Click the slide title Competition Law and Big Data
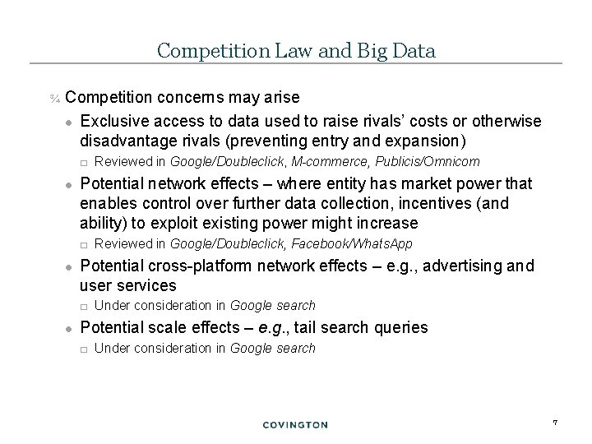[296, 51]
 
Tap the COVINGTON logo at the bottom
[295, 424]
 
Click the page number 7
[556, 423]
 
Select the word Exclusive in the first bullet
[111, 122]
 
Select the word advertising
[465, 266]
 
